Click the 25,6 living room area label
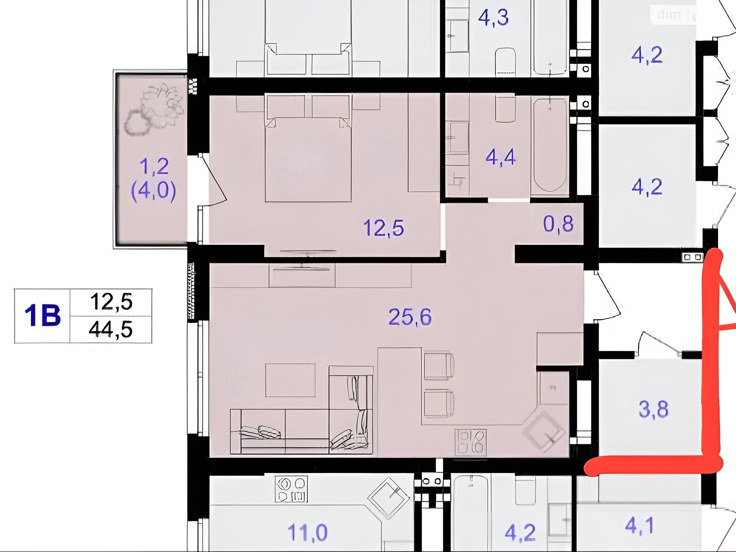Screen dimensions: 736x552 pos(410,317)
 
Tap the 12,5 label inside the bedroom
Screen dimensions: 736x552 pos(384,228)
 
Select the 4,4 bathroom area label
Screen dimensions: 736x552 pos(500,157)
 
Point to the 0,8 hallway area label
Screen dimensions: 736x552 pos(558,224)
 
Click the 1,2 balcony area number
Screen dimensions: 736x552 pos(154,167)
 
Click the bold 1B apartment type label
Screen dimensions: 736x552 pos(43,316)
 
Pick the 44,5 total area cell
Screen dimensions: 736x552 pos(111,329)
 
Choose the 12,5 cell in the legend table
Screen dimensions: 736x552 pos(111,302)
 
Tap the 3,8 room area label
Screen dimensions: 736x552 pos(654,409)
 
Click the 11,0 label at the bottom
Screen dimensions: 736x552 pos(307,533)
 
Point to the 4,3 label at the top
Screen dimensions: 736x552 pos(493,17)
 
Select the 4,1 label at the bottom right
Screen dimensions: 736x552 pos(639,525)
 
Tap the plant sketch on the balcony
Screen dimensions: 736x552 pos(154,109)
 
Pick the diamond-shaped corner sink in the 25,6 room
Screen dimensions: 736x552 pos(544,431)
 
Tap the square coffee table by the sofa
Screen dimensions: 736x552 pos(290,380)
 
